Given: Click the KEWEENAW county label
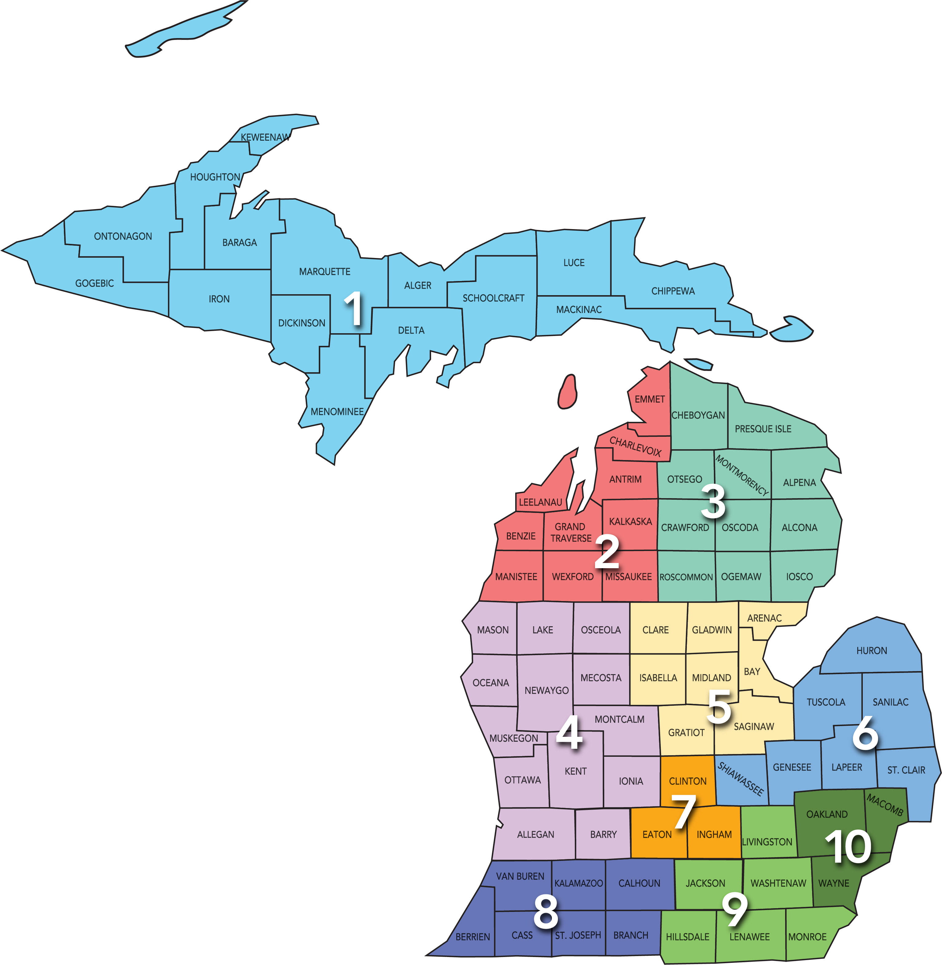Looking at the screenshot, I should [x=265, y=137].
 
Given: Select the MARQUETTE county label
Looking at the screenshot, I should [x=325, y=272].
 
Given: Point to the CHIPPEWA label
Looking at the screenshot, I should [x=673, y=291].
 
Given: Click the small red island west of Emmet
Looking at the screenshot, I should [x=567, y=392].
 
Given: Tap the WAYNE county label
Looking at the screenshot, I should [x=834, y=883].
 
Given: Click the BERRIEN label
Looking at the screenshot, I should [x=473, y=937].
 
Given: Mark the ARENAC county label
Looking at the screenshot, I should [x=765, y=618].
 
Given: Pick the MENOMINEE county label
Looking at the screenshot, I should [x=337, y=412].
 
